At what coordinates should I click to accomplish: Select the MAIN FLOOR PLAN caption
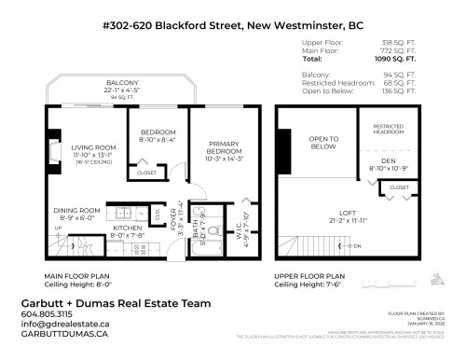[76, 277]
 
